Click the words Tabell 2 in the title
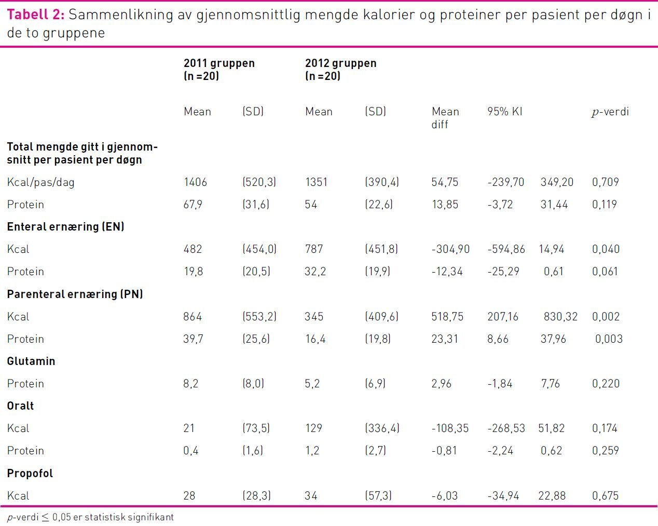click(x=35, y=15)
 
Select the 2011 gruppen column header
click(x=219, y=70)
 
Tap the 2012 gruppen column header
click(x=340, y=70)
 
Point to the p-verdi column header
click(x=610, y=112)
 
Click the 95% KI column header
click(x=504, y=112)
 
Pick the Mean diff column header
click(x=445, y=118)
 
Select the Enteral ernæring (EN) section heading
click(x=65, y=227)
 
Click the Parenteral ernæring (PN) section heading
click(x=75, y=294)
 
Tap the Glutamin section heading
click(x=31, y=361)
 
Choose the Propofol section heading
click(x=30, y=474)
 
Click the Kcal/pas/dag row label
click(x=40, y=182)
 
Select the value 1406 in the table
click(x=195, y=182)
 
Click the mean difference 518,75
click(x=447, y=317)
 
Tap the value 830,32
click(x=560, y=317)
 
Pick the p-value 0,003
click(x=609, y=339)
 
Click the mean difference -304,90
click(x=450, y=249)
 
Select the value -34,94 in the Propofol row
click(x=503, y=496)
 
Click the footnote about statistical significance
click(x=90, y=517)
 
